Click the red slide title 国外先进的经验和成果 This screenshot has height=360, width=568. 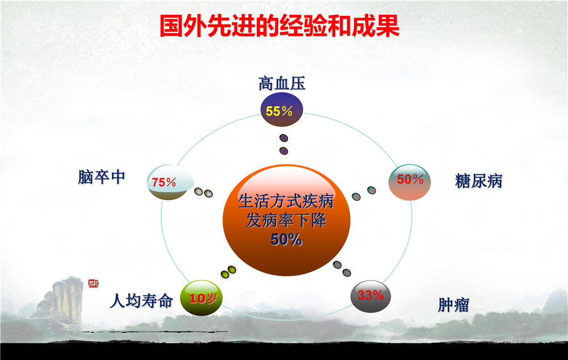(279, 26)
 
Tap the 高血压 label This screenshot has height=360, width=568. (282, 83)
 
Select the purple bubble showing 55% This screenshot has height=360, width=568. (282, 110)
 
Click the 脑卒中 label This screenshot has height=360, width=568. (102, 177)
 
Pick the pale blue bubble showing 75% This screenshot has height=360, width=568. (170, 182)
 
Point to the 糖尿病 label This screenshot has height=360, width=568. (478, 181)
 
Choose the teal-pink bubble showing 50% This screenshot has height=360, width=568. (410, 182)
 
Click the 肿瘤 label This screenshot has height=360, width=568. (453, 304)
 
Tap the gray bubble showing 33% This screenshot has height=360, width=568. (370, 296)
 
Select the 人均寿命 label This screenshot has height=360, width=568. (141, 300)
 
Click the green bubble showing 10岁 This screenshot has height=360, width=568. (202, 298)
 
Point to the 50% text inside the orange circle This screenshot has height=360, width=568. (286, 240)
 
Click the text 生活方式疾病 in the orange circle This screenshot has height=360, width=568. (286, 202)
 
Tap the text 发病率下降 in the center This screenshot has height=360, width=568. (286, 220)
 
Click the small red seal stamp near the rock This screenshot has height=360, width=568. (94, 283)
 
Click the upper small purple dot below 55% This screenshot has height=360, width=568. (284, 138)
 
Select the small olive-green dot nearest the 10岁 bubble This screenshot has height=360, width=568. (225, 274)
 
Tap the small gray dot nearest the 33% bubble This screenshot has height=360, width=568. (346, 273)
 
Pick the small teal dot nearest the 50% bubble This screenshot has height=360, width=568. (371, 190)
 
